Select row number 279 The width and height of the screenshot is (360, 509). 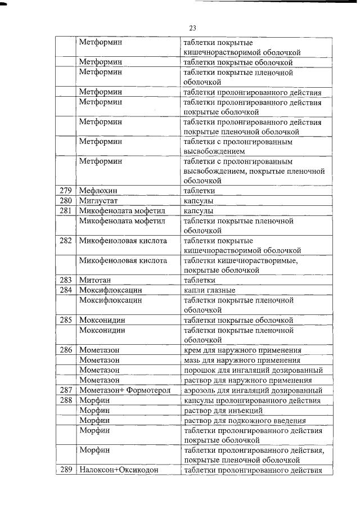point(66,191)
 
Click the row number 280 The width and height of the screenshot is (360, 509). point(66,201)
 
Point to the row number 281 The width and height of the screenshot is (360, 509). point(66,211)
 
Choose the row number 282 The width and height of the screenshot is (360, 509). point(66,241)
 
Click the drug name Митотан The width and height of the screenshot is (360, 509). point(94,280)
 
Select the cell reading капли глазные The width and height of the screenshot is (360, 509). point(209,290)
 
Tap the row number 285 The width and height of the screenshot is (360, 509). point(66,320)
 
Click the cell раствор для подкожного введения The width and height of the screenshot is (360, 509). point(245,420)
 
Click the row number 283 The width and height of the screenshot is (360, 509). point(66,280)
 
